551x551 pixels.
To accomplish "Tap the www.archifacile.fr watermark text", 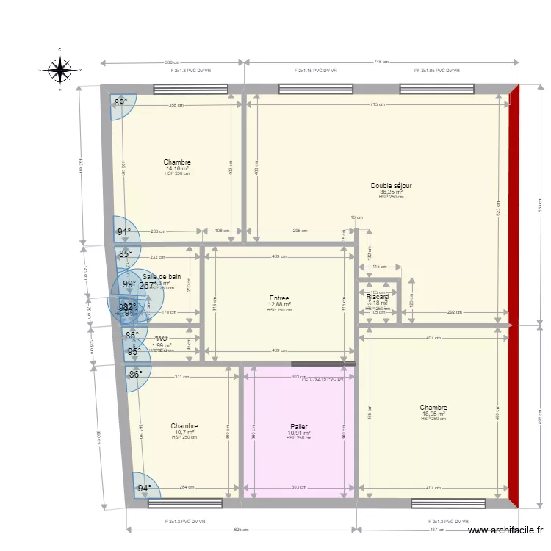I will point(506,530).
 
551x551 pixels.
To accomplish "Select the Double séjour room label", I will point(391,186).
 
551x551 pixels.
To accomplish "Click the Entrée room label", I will point(279,298).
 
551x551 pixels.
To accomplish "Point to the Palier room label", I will point(298,426).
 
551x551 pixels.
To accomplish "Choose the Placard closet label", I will point(378,297).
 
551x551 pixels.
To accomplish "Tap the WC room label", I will point(162,339).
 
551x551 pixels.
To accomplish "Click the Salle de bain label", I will point(162,277).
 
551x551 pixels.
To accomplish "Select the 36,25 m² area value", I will point(391,192).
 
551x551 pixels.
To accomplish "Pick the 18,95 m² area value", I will point(433,414).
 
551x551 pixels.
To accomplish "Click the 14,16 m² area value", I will point(177,168).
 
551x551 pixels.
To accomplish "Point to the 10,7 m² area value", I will point(184,432).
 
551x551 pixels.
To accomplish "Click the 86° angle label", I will point(136,374).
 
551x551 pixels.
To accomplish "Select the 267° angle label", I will point(148,286).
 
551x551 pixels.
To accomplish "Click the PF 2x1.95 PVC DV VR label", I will point(436,71).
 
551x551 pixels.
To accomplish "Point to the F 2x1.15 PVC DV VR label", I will point(315,71).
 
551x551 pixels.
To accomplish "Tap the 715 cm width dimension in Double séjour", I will point(381,105).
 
